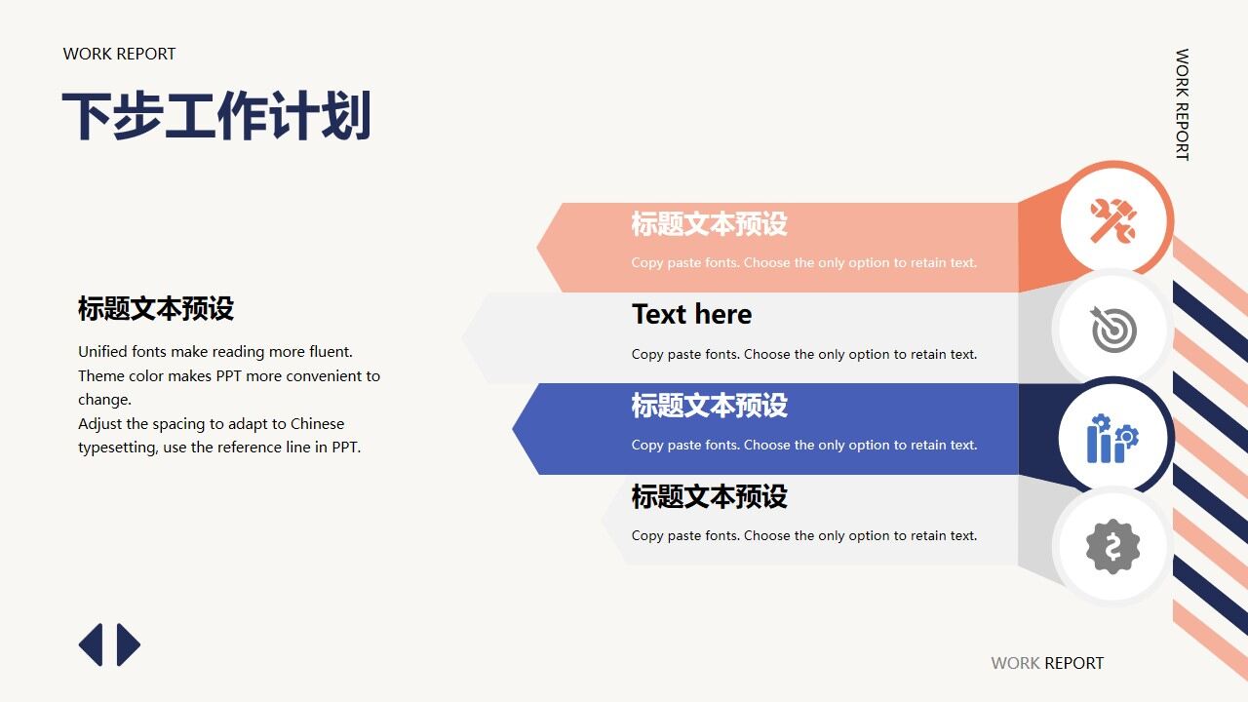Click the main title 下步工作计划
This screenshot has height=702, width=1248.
[216, 117]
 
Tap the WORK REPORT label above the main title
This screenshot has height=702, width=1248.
[119, 54]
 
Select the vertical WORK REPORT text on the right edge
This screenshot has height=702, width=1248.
[1182, 104]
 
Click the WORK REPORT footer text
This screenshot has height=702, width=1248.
[1047, 663]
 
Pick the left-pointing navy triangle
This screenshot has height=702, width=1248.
[92, 644]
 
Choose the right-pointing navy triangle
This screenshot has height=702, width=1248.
[128, 644]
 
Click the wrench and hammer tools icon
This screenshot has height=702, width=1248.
[1112, 220]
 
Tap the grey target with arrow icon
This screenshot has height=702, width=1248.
[1112, 330]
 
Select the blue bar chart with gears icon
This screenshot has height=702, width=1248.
[1112, 438]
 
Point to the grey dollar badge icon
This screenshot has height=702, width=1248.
[1112, 546]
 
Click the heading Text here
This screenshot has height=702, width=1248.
[691, 314]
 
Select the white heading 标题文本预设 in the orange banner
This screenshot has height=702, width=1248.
[709, 223]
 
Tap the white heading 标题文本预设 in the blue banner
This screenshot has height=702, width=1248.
[709, 406]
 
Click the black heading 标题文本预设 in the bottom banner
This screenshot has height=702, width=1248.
[709, 496]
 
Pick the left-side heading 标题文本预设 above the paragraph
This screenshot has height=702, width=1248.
[156, 309]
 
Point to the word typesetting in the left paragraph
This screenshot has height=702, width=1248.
[117, 448]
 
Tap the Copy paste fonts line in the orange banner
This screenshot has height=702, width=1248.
[803, 262]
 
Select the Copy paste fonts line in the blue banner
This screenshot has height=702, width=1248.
[803, 445]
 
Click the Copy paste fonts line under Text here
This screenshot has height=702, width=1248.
[803, 354]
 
